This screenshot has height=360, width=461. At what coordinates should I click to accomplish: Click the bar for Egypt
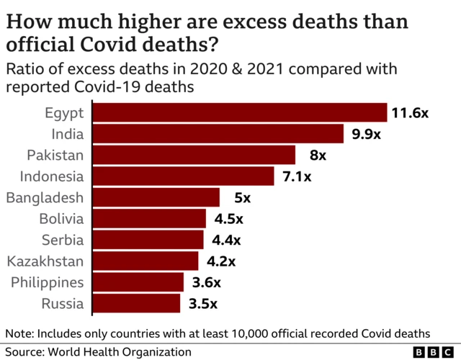241,113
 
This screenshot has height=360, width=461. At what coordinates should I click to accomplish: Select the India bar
219,134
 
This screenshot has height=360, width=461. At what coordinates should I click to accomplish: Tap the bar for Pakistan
194,155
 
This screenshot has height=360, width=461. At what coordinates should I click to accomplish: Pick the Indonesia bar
184,176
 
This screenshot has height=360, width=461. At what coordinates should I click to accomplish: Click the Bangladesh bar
156,197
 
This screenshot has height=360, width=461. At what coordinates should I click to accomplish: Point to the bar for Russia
137,303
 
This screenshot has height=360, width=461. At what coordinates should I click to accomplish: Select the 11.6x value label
410,113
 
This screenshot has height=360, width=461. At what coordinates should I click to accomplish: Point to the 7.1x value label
295,176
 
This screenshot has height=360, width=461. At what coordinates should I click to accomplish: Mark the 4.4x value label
225,240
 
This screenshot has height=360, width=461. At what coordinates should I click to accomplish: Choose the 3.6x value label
206,282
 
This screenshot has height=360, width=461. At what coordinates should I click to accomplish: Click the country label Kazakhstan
45,261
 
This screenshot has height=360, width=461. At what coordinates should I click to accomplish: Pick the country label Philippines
47,282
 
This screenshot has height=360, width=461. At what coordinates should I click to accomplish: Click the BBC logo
434,352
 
